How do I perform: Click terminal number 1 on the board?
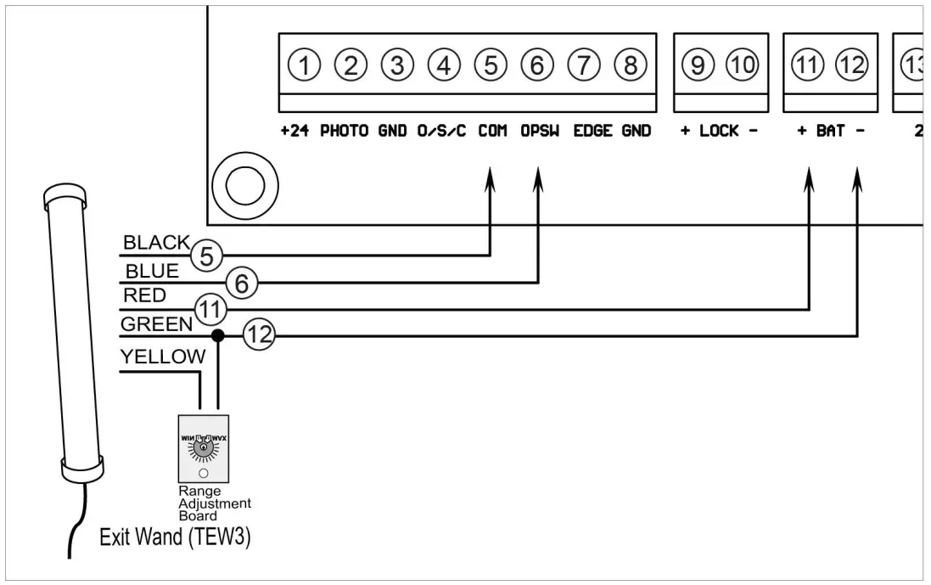pos(305,65)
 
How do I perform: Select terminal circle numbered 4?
pos(443,65)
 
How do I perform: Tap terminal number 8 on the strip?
pos(630,65)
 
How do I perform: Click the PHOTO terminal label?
pos(344,132)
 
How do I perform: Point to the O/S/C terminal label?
pos(441,132)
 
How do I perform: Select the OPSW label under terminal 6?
pos(540,132)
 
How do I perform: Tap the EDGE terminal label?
pos(593,132)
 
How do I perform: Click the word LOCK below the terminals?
pos(719,132)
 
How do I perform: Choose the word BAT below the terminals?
pos(830,132)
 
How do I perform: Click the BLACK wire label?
pos(156,243)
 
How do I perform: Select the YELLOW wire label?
pos(163,357)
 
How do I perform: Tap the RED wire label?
pos(144,296)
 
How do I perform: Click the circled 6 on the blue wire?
pos(242,284)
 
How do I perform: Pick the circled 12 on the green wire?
pos(260,336)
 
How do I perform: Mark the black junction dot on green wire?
pos(218,336)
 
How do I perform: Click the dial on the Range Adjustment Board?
pos(203,446)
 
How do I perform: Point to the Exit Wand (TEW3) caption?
pos(175,537)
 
